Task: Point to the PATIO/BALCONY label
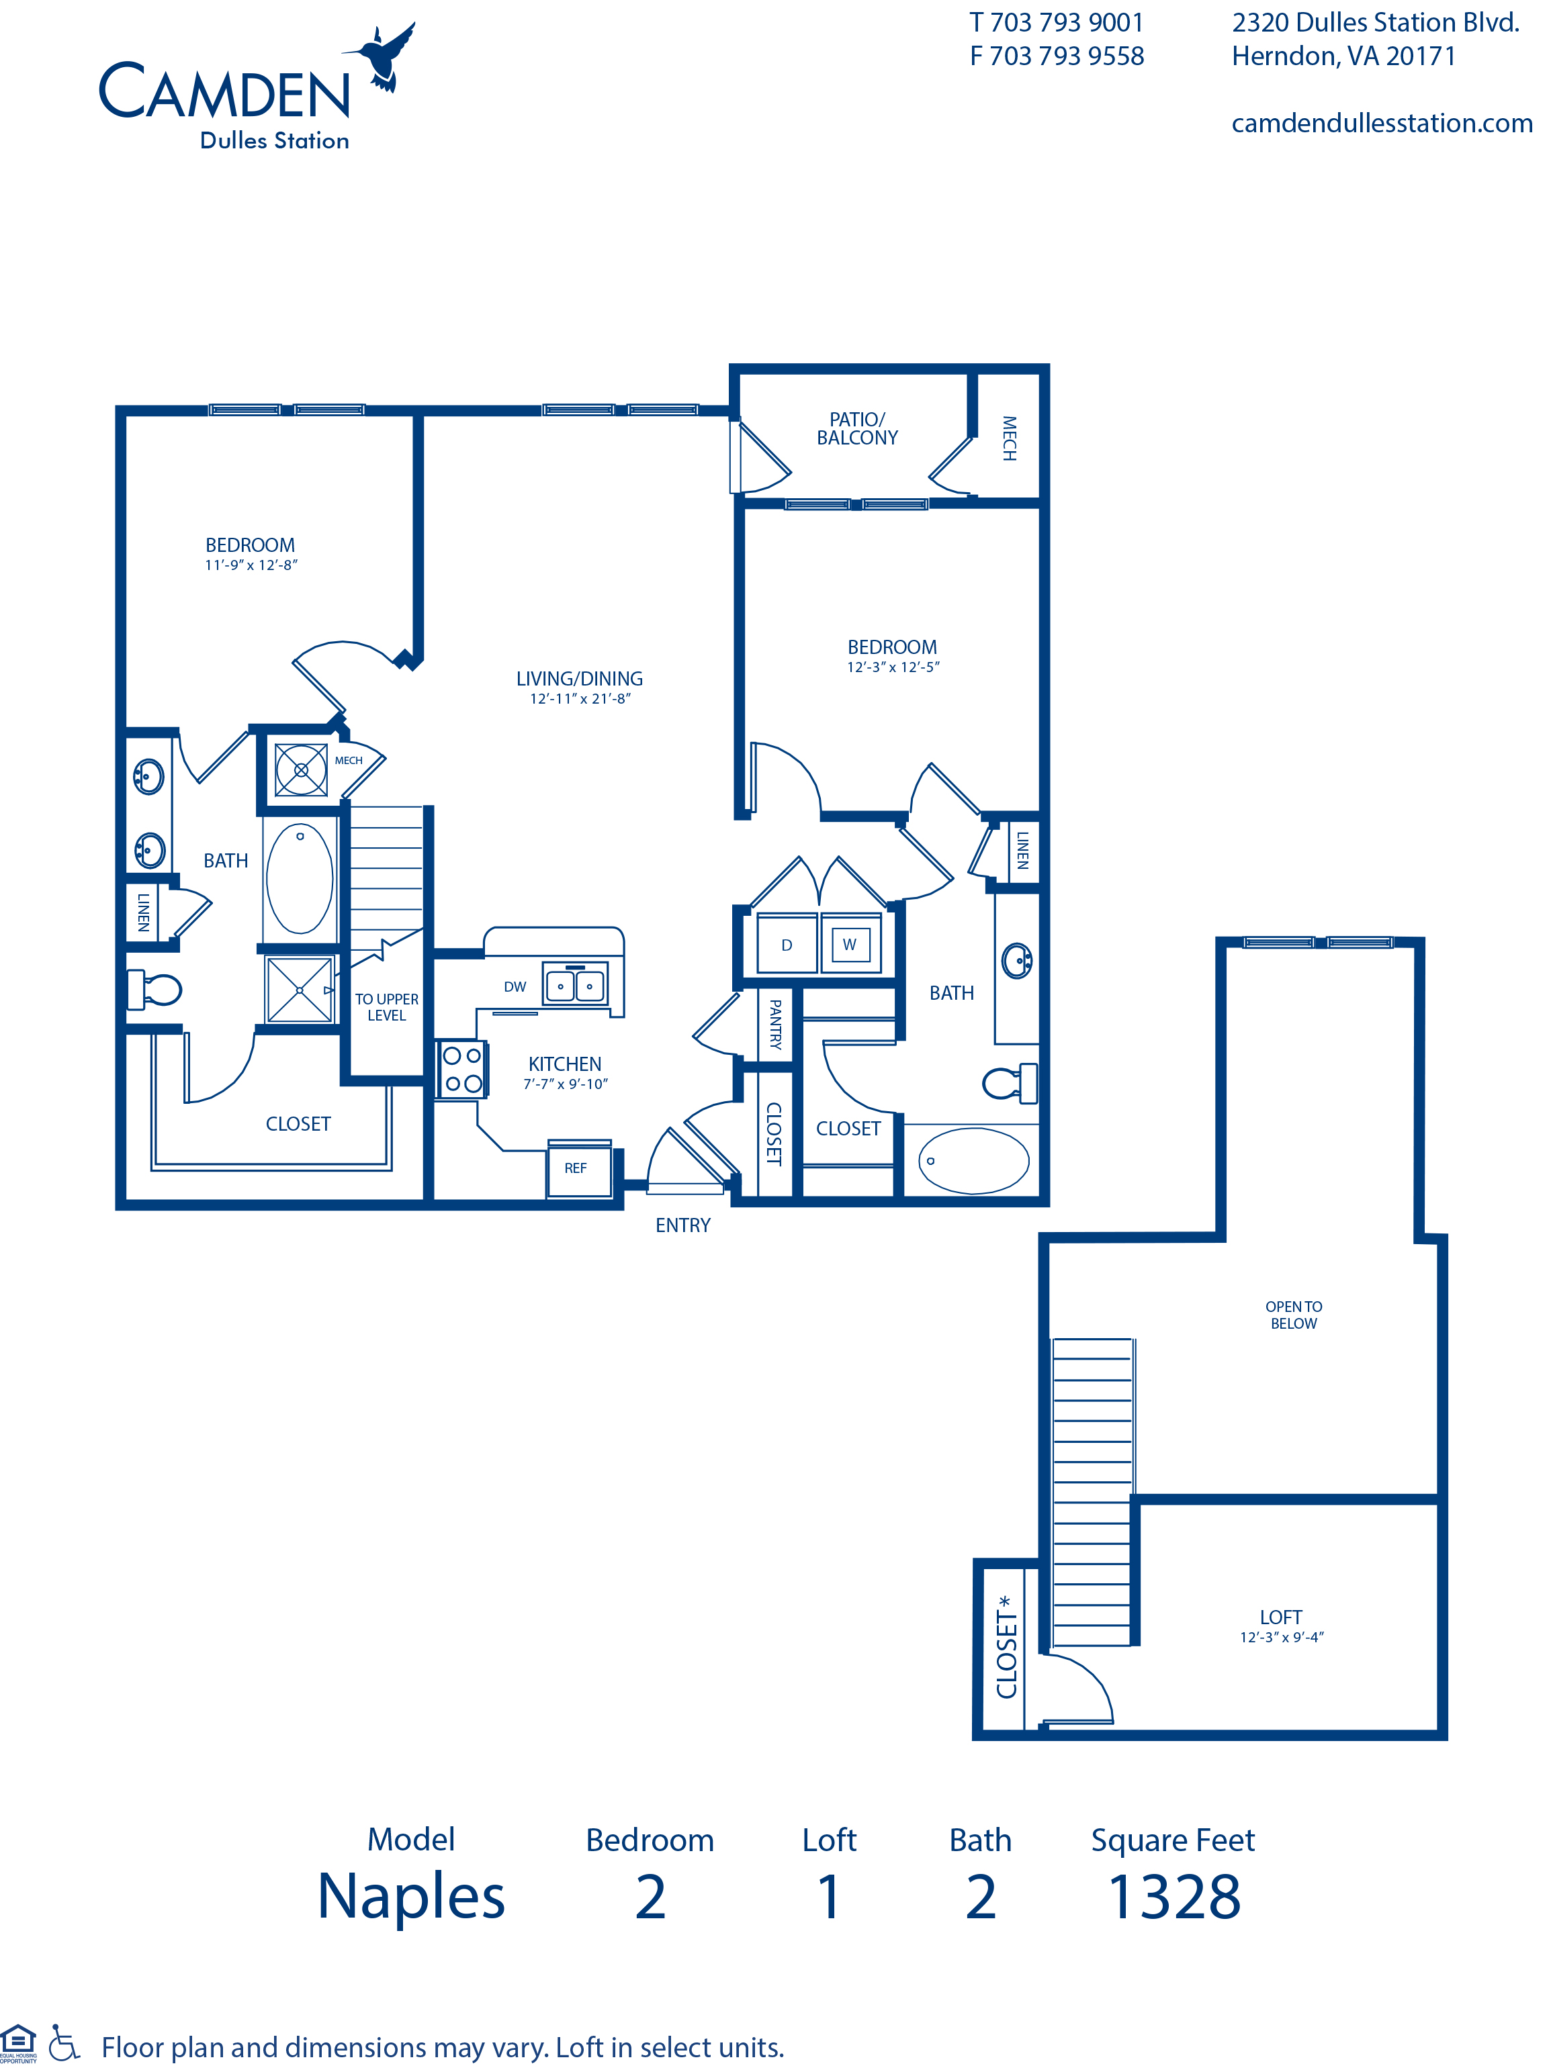pos(856,428)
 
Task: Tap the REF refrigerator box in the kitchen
pos(576,1168)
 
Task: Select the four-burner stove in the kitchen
pos(462,1070)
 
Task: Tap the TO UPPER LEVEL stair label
pos(387,1007)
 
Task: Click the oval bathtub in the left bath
pos(300,879)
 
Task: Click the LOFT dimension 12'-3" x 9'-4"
pos(1282,1638)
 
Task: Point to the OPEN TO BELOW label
pos(1294,1315)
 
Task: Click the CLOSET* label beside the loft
pos(1006,1647)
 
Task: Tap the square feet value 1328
pos(1173,1898)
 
